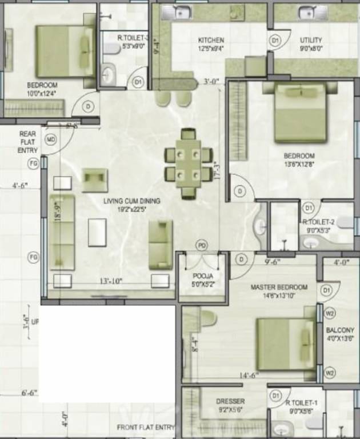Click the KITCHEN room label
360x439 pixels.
[x=211, y=40]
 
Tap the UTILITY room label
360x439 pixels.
[x=311, y=40]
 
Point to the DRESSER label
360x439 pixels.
[x=230, y=401]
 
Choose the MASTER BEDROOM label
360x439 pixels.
[x=279, y=287]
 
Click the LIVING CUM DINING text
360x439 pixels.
[x=131, y=201]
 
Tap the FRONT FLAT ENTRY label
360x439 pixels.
[x=146, y=428]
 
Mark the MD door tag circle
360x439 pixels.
[x=51, y=139]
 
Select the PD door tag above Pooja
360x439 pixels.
[x=202, y=245]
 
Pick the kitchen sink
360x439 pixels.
[x=183, y=11]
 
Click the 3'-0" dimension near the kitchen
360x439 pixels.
[x=211, y=82]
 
